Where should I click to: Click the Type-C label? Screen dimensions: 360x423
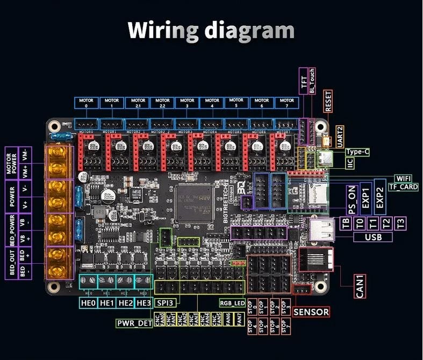pyautogui.click(x=357, y=152)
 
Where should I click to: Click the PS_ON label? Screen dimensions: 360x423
pyautogui.click(x=353, y=200)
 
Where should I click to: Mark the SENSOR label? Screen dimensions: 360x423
pyautogui.click(x=312, y=312)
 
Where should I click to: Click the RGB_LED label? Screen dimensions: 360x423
pyautogui.click(x=232, y=303)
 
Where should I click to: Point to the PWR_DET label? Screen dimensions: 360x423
pyautogui.click(x=134, y=323)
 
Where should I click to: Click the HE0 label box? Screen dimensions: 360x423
pyautogui.click(x=89, y=303)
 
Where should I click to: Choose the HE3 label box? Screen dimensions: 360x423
pyautogui.click(x=144, y=303)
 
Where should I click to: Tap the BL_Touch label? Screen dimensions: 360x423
pyautogui.click(x=313, y=82)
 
